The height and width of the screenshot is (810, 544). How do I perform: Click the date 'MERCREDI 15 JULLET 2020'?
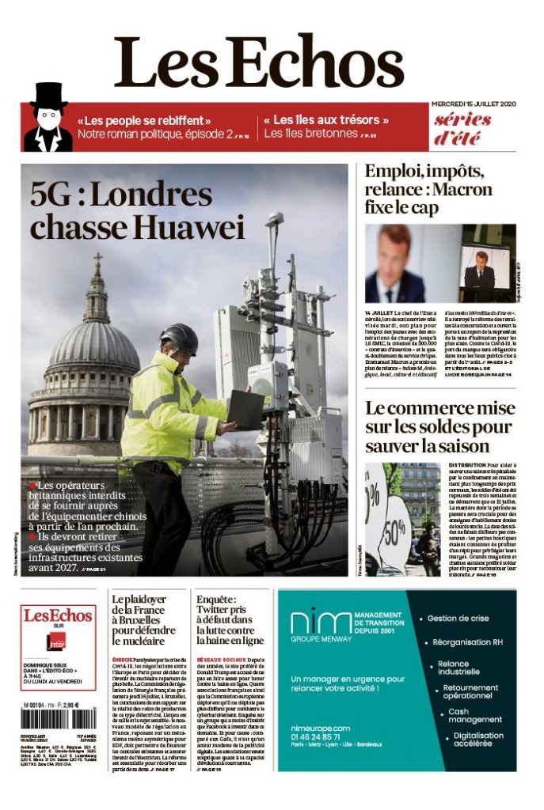pyautogui.click(x=474, y=104)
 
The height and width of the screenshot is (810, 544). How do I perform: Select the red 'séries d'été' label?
pyautogui.click(x=462, y=129)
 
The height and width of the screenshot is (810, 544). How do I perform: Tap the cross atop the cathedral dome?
pyautogui.click(x=97, y=260)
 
